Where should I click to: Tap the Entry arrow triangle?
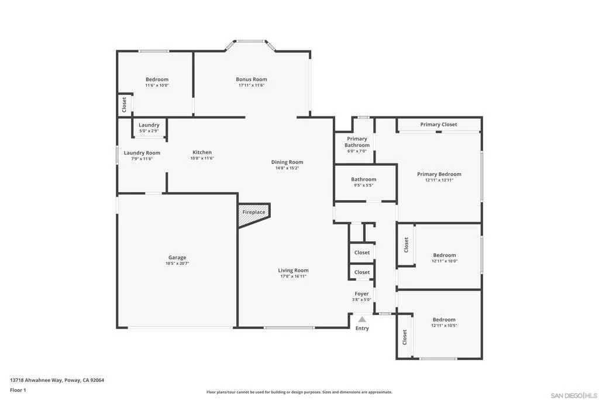click(x=362, y=319)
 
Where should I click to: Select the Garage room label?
click(x=177, y=257)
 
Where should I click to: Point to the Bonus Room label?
click(x=252, y=79)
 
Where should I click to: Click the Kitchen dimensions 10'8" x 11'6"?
click(x=202, y=158)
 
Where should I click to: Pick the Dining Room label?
click(x=287, y=162)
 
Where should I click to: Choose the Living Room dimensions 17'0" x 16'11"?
click(x=294, y=276)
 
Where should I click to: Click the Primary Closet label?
click(x=439, y=124)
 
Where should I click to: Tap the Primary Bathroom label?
click(x=357, y=142)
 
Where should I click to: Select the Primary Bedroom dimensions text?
click(x=439, y=180)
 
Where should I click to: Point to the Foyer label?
click(x=362, y=293)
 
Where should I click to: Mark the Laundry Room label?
click(x=142, y=153)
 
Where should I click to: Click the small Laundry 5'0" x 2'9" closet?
click(x=149, y=127)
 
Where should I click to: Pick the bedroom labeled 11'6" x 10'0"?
click(x=154, y=84)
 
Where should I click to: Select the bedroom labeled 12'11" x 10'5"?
click(x=439, y=324)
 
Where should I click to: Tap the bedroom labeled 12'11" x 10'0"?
click(x=439, y=256)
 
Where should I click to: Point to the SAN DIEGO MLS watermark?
click(x=574, y=395)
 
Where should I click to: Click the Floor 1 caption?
click(x=18, y=390)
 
